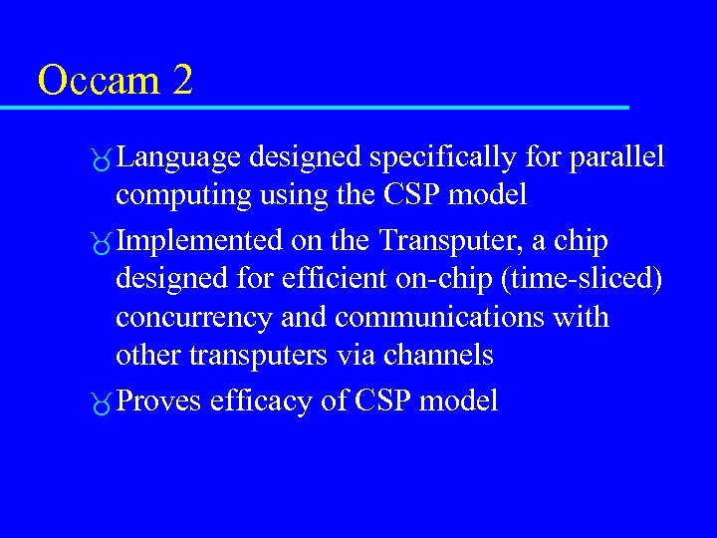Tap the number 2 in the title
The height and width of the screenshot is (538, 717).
[181, 80]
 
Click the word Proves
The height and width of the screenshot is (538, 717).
[158, 402]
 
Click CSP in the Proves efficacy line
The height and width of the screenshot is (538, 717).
[382, 402]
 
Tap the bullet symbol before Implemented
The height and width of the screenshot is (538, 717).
[103, 244]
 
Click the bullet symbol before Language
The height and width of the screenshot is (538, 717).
[103, 159]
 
